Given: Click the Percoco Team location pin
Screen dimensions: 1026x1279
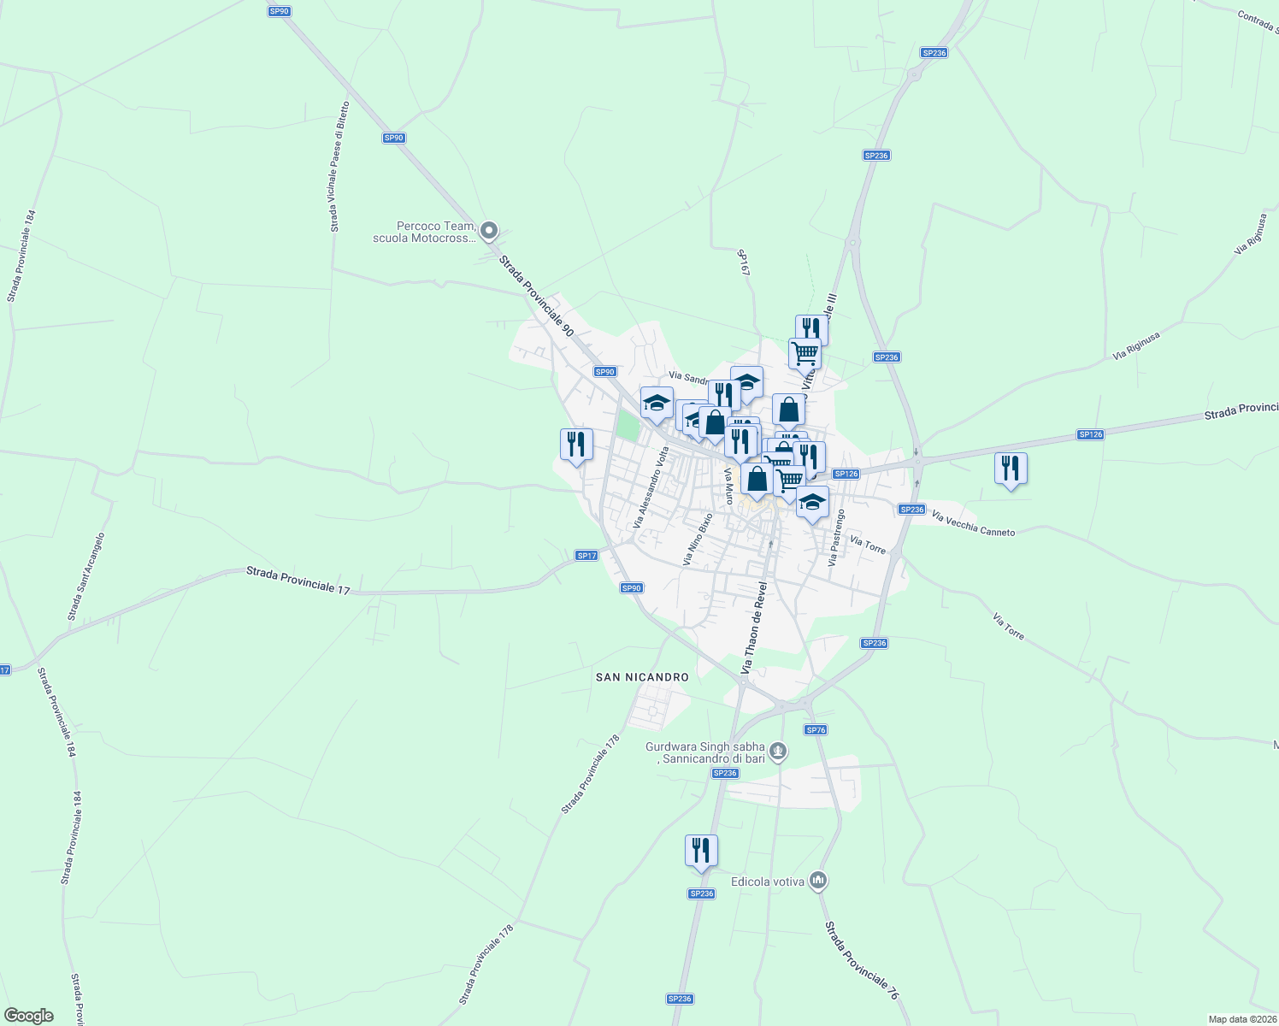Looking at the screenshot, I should [x=489, y=231].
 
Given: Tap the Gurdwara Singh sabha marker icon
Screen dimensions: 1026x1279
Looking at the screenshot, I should [x=778, y=752].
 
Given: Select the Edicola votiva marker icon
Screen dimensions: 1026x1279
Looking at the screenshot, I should [x=818, y=880].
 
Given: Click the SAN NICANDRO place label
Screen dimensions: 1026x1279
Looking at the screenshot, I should [x=642, y=677].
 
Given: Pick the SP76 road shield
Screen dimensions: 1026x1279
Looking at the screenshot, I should [x=816, y=729].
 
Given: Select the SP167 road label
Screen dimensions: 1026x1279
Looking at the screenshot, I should [x=744, y=262].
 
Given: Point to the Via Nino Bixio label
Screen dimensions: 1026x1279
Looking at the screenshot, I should [x=698, y=539].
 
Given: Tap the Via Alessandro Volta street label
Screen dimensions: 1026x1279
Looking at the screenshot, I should [x=650, y=487].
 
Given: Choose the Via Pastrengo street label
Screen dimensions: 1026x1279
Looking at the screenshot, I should [x=836, y=538].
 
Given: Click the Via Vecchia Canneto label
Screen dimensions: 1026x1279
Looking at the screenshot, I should [x=973, y=524].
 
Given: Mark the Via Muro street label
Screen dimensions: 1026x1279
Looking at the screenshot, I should [x=729, y=486].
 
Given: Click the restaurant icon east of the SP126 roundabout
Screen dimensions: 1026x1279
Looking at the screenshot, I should [x=1011, y=469].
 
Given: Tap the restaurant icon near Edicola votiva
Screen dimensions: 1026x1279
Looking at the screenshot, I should [x=701, y=851].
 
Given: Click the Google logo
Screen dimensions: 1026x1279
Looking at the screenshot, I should [x=29, y=1016].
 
